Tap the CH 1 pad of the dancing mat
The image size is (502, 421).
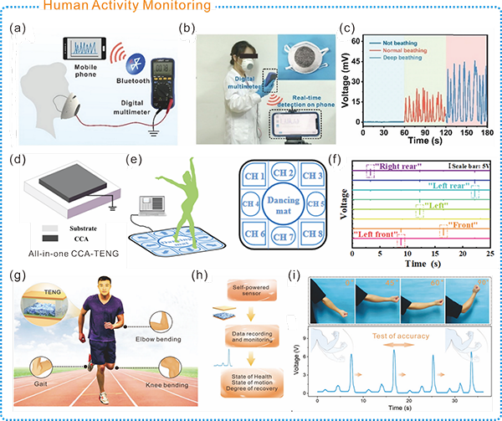258,177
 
